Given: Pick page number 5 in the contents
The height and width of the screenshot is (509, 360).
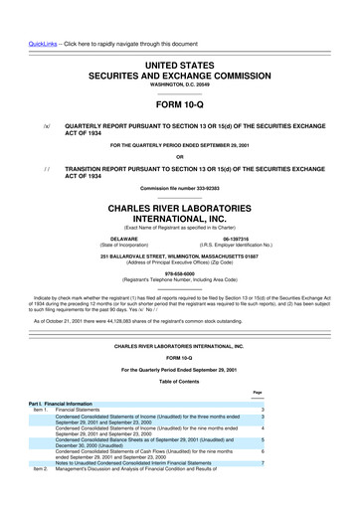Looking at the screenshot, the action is [261, 437].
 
